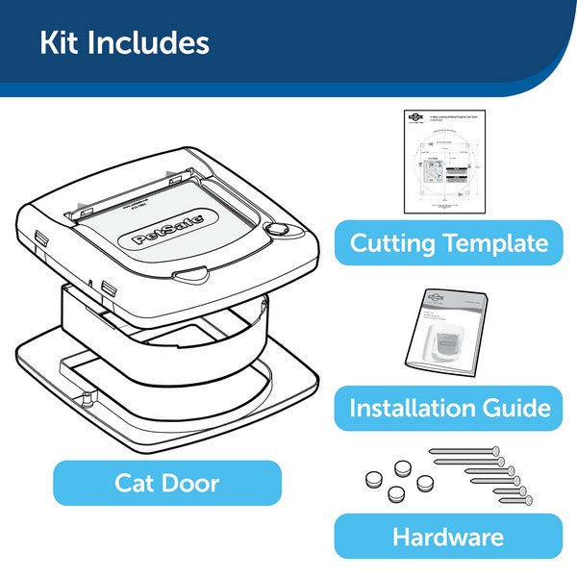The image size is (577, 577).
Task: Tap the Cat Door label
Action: pyautogui.click(x=167, y=482)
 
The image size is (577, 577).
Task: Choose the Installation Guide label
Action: pyautogui.click(x=449, y=408)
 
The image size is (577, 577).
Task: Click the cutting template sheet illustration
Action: pyautogui.click(x=445, y=161)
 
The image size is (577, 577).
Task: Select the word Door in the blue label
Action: pyautogui.click(x=196, y=482)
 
